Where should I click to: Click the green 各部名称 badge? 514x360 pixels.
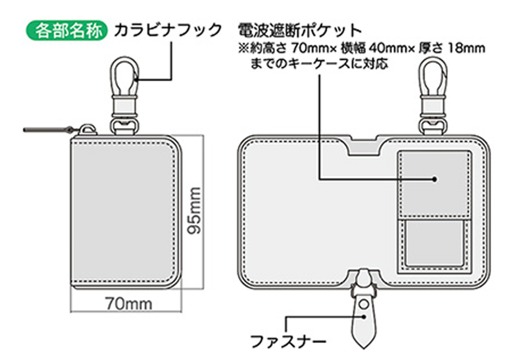click(x=66, y=30)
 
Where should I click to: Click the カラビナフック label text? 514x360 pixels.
click(x=168, y=30)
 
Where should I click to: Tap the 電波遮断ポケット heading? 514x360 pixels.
click(x=300, y=31)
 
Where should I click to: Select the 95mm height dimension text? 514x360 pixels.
click(x=194, y=211)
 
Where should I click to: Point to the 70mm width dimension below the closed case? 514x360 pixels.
click(x=129, y=303)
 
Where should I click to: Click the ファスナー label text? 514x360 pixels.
click(x=288, y=342)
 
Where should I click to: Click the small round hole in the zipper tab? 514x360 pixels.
click(x=364, y=305)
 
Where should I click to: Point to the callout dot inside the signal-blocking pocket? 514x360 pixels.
click(x=434, y=179)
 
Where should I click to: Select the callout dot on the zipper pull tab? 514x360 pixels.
click(x=364, y=317)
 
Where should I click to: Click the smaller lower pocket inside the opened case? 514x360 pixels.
click(x=434, y=243)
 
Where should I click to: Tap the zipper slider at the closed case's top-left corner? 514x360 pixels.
click(x=88, y=130)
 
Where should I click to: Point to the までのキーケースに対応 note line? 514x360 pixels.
click(x=319, y=64)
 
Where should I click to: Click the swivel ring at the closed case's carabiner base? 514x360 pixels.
click(x=125, y=126)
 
